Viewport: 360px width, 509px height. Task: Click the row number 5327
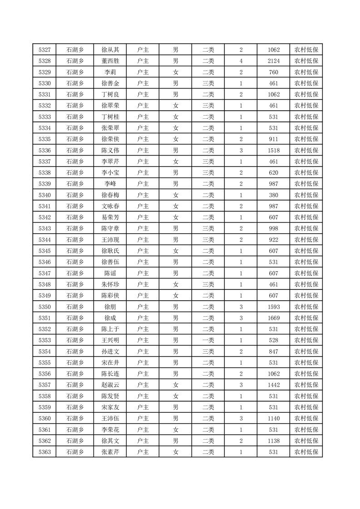tap(44, 50)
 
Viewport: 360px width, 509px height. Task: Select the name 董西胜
tap(110, 61)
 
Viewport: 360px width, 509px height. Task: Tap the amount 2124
tap(274, 61)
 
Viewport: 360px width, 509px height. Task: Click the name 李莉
tap(110, 72)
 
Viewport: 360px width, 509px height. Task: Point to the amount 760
tap(274, 72)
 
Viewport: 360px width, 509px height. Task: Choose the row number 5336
tap(44, 151)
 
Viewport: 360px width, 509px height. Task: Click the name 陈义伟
tap(110, 151)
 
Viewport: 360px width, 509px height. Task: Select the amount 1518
tap(274, 151)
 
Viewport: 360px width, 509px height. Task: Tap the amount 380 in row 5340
tap(274, 195)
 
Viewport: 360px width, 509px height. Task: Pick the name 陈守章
tap(110, 229)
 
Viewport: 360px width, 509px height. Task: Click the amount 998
tap(274, 229)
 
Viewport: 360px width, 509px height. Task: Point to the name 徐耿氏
tap(110, 251)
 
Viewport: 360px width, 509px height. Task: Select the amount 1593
tap(274, 307)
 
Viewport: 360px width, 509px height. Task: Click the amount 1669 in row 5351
tap(274, 318)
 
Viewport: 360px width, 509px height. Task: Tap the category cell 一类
tap(208, 340)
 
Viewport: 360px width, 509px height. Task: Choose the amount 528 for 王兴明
tap(274, 340)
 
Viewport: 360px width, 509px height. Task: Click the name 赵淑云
tap(110, 385)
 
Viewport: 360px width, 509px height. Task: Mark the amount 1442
tap(274, 385)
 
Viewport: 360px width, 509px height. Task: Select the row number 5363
tap(44, 452)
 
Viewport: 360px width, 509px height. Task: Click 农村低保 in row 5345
tap(306, 251)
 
